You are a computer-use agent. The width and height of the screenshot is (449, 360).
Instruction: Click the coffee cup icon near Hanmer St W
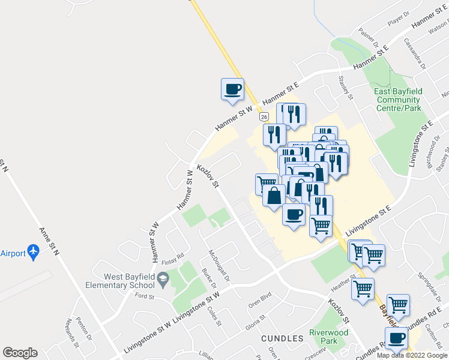coord(232,90)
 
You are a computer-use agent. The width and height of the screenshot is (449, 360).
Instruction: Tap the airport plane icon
coord(34,253)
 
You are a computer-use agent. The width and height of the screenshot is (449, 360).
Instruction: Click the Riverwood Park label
coord(328,336)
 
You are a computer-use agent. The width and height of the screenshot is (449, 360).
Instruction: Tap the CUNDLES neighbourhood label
coord(282,338)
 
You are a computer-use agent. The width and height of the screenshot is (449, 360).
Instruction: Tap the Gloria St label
coord(255,325)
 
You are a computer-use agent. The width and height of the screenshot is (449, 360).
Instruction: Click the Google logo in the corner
coord(20,353)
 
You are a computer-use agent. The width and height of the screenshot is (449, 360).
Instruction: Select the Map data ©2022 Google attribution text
coord(412,355)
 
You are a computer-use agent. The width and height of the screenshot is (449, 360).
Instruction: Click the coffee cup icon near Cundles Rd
coord(397,338)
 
